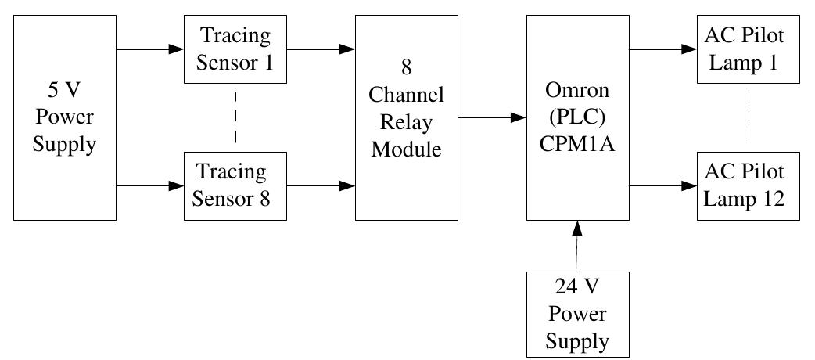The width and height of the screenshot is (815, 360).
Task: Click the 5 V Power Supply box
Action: [x=65, y=117]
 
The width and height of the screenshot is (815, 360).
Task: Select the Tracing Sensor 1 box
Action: [x=235, y=49]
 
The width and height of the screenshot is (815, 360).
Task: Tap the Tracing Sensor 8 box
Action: [x=235, y=185]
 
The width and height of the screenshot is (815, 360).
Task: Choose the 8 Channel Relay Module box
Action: [x=406, y=117]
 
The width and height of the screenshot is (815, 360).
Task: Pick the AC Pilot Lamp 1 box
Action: [x=749, y=49]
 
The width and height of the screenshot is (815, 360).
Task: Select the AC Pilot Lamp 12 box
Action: [x=749, y=185]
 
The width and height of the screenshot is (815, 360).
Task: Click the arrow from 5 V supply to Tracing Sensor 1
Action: [x=149, y=50]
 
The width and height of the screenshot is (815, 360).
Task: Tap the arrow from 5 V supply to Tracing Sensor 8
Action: [x=149, y=186]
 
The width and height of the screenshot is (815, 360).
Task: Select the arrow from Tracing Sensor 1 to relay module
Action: [x=320, y=50]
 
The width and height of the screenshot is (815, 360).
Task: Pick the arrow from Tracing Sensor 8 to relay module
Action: [x=320, y=186]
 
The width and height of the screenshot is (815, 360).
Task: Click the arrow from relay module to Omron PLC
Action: [x=490, y=118]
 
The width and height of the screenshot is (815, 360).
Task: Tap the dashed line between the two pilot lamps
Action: [x=749, y=117]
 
